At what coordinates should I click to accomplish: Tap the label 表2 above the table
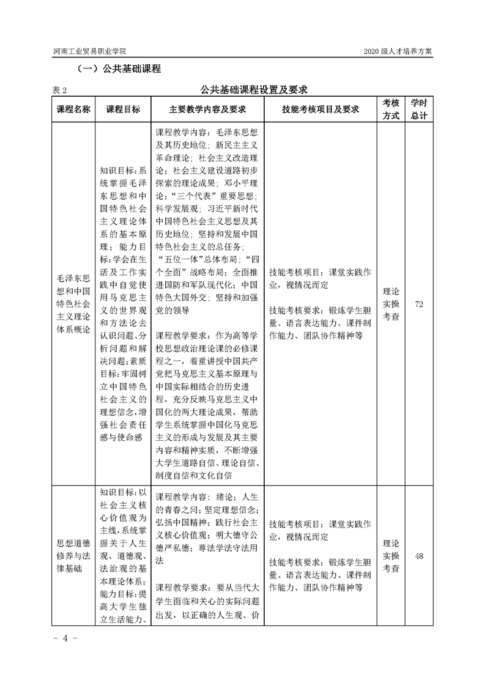pos(59,90)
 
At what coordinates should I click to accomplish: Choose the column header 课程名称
pos(73,109)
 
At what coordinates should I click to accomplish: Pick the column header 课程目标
pos(123,109)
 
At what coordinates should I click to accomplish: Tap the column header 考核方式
pos(391,109)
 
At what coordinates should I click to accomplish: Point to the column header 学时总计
pos(419,109)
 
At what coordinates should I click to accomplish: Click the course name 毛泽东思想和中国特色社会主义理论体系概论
pos(73,304)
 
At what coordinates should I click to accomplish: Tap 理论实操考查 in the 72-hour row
pos(391,304)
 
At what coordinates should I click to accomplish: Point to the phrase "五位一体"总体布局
pos(191,259)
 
